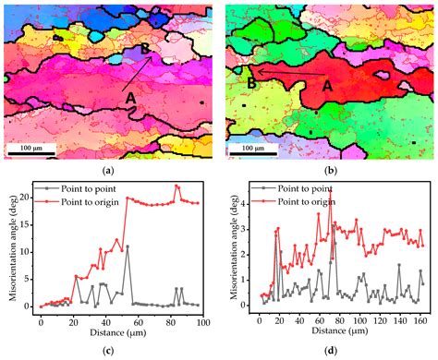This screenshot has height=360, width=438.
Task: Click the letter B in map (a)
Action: pyautogui.click(x=146, y=47)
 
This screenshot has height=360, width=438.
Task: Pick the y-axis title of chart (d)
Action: pyautogui.click(x=230, y=245)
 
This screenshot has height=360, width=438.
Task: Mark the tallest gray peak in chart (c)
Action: pyautogui.click(x=128, y=246)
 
